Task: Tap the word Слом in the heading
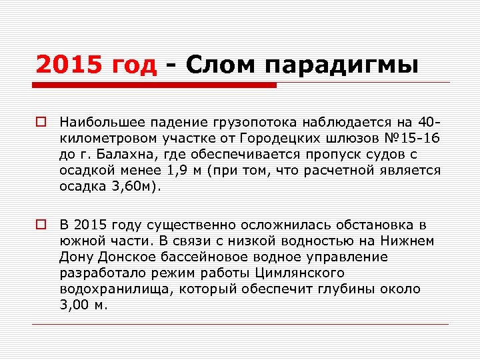tap(219, 66)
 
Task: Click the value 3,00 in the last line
tap(73, 305)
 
